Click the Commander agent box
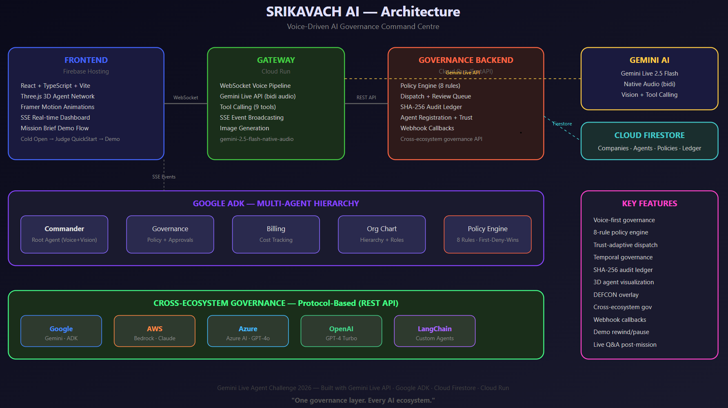[64, 234]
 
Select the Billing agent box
[276, 234]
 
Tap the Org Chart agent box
[382, 234]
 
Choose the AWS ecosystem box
[155, 331]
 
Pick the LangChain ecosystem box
[435, 331]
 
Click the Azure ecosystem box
[248, 331]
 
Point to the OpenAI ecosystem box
[341, 331]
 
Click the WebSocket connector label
[186, 98]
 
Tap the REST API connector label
[366, 98]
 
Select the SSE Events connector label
[164, 177]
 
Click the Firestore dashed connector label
[562, 124]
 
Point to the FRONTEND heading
[86, 60]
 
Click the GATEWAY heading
[276, 60]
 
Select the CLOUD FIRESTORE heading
[650, 135]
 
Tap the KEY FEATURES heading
[650, 203]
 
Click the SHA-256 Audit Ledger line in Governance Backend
[431, 107]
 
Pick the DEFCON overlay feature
[616, 295]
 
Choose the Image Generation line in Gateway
[244, 128]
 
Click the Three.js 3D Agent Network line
[58, 96]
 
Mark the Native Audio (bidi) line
[650, 84]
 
